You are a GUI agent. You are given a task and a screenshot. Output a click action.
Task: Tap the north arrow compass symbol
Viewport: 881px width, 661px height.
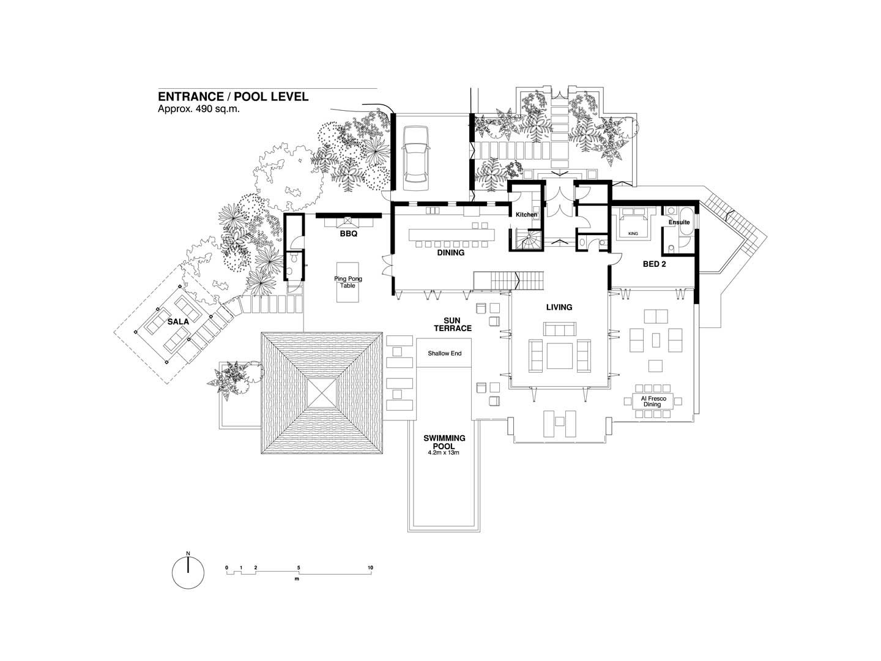click(188, 572)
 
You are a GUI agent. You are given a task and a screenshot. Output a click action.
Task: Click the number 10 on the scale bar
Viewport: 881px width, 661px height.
click(370, 567)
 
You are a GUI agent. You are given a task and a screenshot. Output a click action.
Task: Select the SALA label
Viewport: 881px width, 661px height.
click(178, 321)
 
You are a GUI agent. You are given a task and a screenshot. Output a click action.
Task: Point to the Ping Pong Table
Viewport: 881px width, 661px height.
click(348, 283)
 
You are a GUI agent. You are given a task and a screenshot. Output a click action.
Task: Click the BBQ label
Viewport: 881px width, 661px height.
click(348, 234)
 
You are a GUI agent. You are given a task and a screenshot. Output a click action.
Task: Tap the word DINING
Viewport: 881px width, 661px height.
click(451, 252)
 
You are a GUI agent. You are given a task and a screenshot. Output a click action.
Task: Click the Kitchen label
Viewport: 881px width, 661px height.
click(526, 215)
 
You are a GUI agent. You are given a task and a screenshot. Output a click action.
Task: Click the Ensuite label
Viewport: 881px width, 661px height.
click(679, 222)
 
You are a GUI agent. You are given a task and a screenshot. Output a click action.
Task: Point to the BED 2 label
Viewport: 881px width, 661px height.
click(654, 264)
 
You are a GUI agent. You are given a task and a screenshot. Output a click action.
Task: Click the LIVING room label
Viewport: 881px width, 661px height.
click(559, 307)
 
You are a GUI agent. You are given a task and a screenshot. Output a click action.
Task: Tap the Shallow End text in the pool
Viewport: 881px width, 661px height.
click(444, 353)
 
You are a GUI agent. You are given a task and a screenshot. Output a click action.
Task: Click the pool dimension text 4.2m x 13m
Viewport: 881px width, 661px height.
click(444, 453)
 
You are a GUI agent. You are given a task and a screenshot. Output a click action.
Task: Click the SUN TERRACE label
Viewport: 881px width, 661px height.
click(452, 324)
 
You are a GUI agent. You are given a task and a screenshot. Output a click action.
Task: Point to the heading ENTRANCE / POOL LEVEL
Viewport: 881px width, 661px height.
click(233, 97)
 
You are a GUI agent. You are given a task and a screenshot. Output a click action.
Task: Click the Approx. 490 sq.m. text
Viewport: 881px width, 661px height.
click(199, 109)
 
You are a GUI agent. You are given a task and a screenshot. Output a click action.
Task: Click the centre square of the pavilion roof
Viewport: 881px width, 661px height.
click(322, 393)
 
